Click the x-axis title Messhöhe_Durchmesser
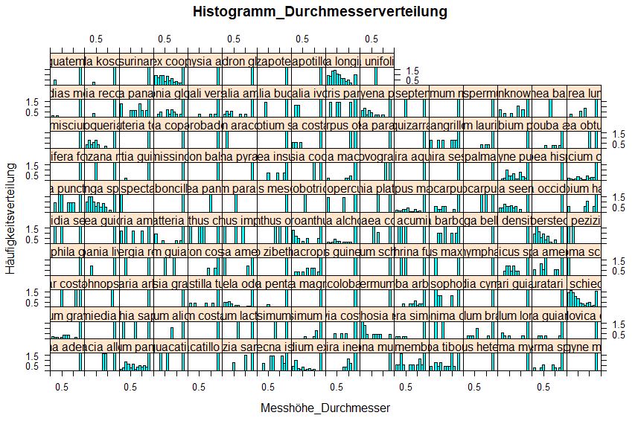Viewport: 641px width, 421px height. [319, 408]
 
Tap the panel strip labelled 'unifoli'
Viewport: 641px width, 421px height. [377, 60]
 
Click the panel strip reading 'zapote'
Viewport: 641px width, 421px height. [275, 60]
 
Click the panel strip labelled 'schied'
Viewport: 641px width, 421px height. [584, 283]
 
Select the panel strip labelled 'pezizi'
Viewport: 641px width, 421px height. [584, 220]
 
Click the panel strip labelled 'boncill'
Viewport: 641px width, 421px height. [170, 188]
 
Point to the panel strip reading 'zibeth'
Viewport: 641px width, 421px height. [275, 252]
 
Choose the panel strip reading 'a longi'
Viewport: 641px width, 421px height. [343, 60]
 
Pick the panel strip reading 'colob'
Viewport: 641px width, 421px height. [343, 283]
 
